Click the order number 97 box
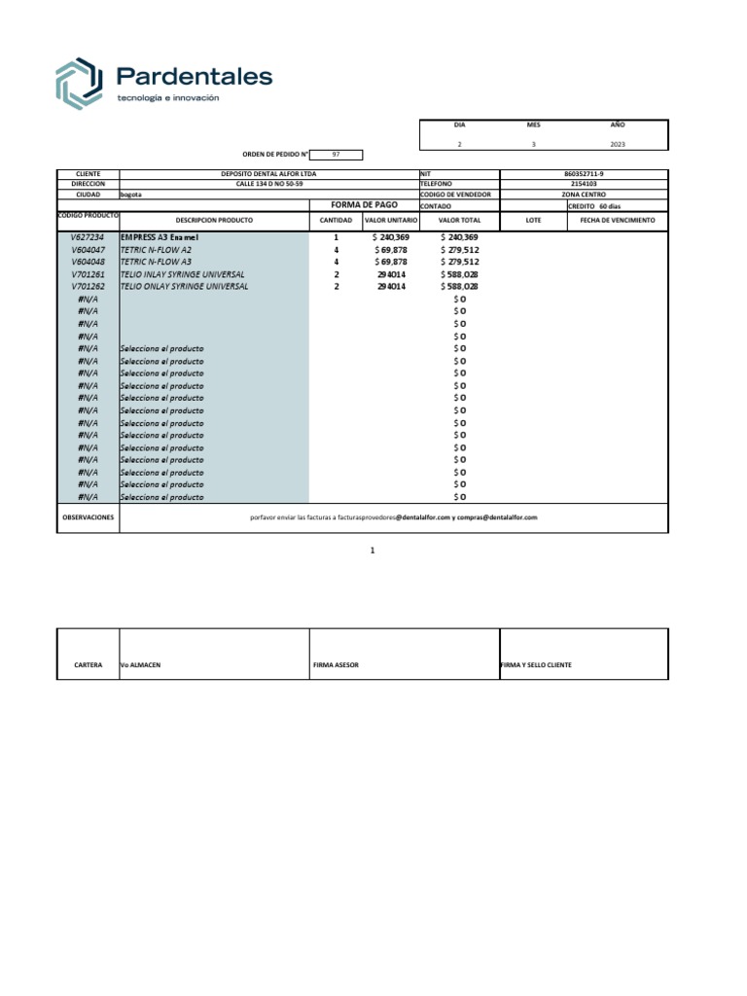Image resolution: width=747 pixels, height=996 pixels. (x=337, y=155)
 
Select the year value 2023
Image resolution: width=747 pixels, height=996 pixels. (x=618, y=144)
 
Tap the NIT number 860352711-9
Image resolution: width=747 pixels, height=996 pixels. (x=584, y=173)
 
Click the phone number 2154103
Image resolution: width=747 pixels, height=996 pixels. (x=584, y=183)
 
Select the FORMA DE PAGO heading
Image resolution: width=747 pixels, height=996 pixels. (x=365, y=205)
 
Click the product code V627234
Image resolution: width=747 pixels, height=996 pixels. (x=88, y=237)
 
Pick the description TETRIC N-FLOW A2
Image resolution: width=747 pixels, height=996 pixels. (x=156, y=250)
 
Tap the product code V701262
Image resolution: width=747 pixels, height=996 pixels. (x=88, y=287)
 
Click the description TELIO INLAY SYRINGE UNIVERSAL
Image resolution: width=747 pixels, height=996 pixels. (x=183, y=274)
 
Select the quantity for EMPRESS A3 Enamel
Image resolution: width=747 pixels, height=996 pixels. (x=337, y=237)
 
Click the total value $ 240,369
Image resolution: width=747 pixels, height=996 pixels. (x=460, y=237)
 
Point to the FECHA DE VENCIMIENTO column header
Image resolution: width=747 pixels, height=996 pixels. (x=618, y=221)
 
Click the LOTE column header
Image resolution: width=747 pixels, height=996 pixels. (x=533, y=221)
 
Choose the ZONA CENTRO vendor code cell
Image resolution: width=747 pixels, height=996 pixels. (x=584, y=195)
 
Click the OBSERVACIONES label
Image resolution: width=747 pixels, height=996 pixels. (x=88, y=517)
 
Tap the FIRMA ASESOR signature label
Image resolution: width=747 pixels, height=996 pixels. (x=336, y=665)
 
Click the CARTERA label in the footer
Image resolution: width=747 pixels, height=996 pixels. (x=89, y=665)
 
